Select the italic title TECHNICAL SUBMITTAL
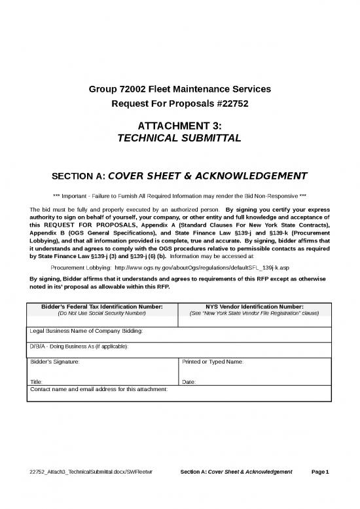coord(179,138)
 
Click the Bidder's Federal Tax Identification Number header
coord(102,306)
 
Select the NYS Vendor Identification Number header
coord(254,306)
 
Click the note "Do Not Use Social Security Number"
coord(102,313)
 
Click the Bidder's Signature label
coord(56,361)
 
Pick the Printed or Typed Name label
coord(212,361)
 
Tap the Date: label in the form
coord(189,381)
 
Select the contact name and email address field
coord(99,389)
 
